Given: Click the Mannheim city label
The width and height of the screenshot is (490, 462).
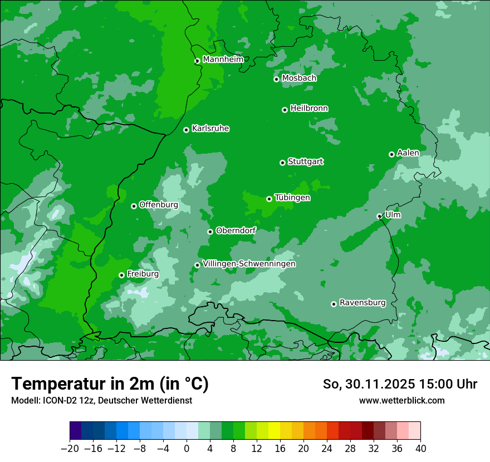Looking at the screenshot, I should (223, 60).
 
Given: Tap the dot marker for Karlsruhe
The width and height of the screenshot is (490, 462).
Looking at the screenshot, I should (186, 130).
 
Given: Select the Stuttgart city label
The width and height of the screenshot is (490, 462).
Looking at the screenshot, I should (305, 162).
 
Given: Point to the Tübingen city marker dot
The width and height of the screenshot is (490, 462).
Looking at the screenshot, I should (269, 199).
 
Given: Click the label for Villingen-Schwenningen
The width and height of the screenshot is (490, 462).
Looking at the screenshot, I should (249, 264).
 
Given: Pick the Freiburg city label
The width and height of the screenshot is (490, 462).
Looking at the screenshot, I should (143, 274).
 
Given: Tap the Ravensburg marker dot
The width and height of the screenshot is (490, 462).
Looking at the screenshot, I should (334, 304).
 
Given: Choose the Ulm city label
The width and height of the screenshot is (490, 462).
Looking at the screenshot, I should (393, 215).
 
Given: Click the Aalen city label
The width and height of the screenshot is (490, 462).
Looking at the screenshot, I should (408, 153).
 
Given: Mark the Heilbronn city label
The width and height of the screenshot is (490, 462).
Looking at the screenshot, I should (309, 109).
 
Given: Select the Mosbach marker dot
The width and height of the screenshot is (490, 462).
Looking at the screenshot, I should (276, 79).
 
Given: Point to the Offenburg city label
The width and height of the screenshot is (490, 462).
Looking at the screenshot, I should (158, 205).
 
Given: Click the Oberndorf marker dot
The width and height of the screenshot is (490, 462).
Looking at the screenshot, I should (210, 232).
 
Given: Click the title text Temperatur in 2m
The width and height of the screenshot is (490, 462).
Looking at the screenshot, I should (110, 384).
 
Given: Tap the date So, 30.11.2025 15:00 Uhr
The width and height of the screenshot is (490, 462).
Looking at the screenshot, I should (400, 384).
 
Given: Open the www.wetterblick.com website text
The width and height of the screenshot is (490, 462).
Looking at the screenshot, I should (401, 400).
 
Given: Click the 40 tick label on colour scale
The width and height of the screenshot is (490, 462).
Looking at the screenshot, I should (420, 449).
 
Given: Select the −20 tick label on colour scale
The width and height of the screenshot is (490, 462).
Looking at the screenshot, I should (70, 449).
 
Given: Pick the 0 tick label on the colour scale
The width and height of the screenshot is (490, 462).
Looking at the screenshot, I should (187, 449).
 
